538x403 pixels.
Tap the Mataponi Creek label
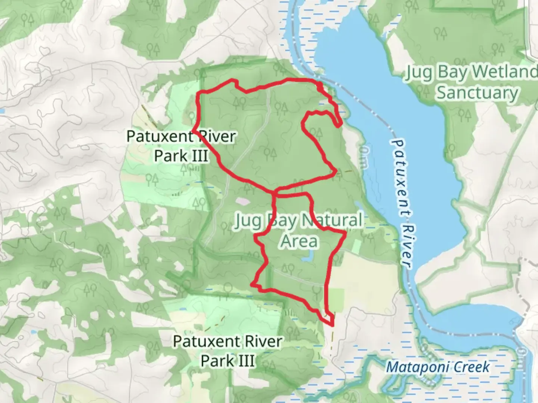point(437,367)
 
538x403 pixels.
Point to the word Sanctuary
point(477,93)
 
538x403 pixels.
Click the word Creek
point(471,367)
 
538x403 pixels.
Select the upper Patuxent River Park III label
point(181,146)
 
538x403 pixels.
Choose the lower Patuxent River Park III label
point(228,351)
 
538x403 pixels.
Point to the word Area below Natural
point(299,241)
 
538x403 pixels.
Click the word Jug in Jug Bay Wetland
point(418,72)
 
